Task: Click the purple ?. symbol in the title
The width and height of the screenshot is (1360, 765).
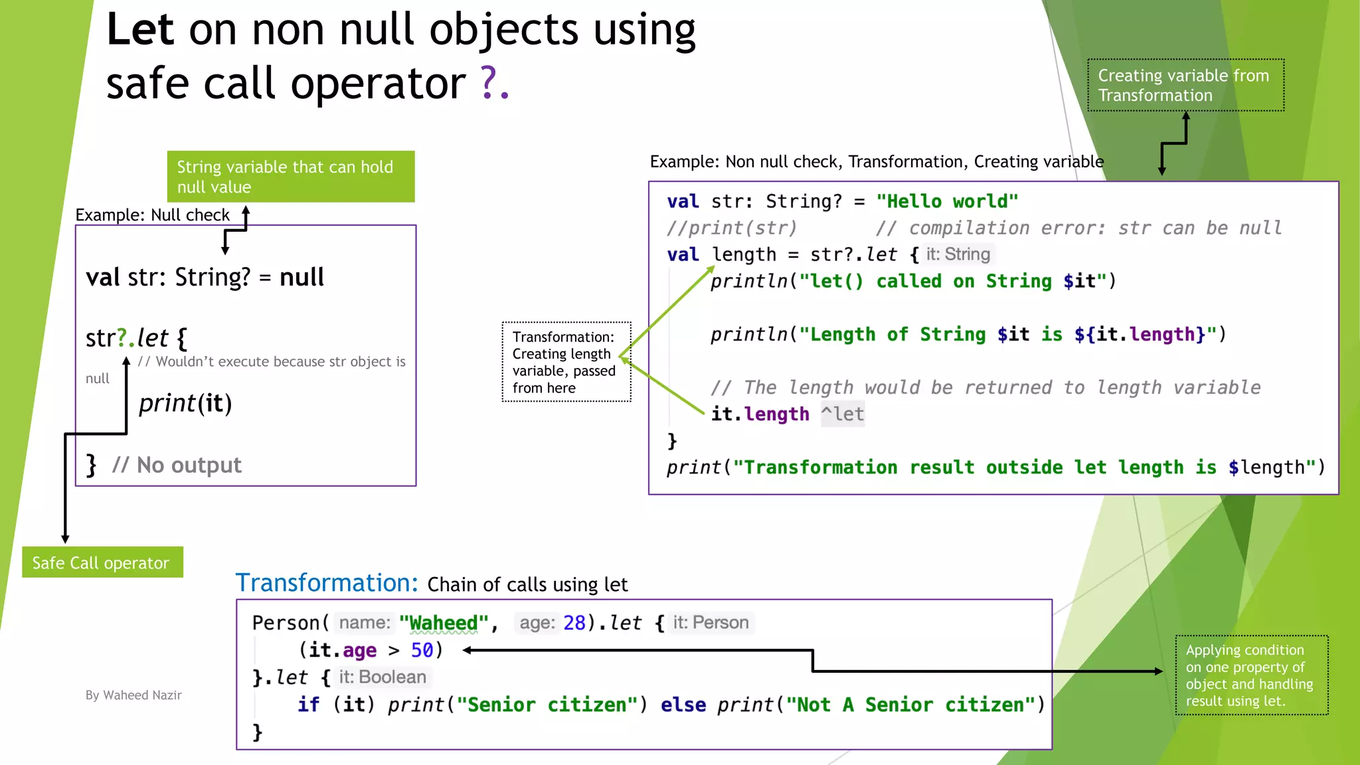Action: coord(494,84)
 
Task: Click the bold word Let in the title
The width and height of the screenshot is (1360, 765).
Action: coord(140,30)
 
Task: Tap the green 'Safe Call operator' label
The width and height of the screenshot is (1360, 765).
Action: coord(102,562)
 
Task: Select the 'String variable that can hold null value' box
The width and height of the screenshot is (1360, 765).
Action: coord(291,177)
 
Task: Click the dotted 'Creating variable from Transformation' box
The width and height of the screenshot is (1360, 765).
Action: coord(1185,85)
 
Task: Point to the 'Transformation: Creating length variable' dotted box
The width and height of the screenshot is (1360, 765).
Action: coord(566,362)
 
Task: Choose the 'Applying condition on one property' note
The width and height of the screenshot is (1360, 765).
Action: coord(1251,675)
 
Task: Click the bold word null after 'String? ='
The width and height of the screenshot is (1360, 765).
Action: coord(301,277)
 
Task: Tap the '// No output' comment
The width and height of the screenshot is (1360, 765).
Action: coord(177,465)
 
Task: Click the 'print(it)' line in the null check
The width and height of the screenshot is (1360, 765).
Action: coord(185,403)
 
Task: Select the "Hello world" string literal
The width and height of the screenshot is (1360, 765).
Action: coord(947,201)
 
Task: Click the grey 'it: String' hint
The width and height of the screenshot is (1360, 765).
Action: coord(958,254)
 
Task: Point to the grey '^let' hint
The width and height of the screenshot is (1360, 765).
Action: coord(842,414)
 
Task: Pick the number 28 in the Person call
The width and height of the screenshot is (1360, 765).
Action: coord(574,623)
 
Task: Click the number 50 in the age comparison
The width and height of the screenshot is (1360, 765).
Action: coord(422,650)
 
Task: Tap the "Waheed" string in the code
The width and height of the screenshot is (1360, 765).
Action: coord(444,623)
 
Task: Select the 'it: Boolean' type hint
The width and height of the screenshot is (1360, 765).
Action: coord(382,677)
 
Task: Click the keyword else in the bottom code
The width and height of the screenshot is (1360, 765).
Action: coord(683,705)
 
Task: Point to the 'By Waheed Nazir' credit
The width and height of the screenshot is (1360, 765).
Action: coord(133,695)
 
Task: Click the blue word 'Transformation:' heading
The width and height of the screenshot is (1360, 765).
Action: coord(327,582)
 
